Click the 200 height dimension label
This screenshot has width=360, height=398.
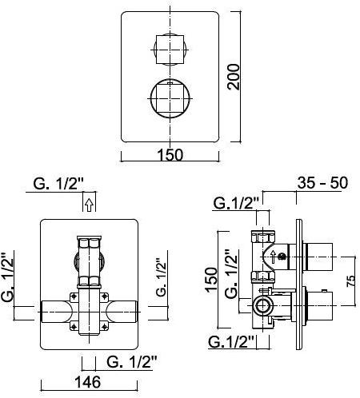click(234, 77)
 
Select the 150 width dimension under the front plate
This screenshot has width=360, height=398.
click(170, 155)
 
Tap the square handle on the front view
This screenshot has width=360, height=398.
click(170, 50)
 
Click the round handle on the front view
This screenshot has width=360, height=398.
click(170, 98)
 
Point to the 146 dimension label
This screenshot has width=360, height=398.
click(88, 382)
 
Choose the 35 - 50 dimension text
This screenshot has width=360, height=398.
click(322, 183)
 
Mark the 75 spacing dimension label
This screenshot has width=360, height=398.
click(350, 281)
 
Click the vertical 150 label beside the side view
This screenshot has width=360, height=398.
click(211, 280)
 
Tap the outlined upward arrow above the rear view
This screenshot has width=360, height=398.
click(89, 205)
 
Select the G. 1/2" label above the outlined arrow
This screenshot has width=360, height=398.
click(58, 184)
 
